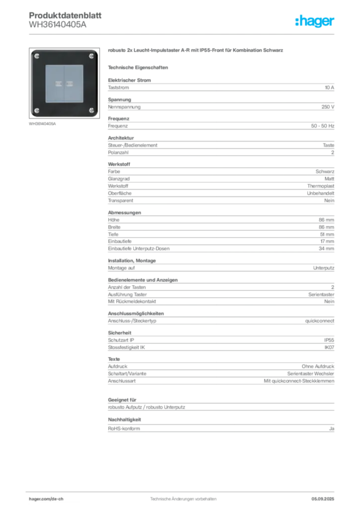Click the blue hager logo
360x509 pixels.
click(x=315, y=22)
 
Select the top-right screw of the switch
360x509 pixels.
click(x=91, y=56)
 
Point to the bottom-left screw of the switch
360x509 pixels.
click(x=37, y=110)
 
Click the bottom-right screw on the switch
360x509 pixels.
click(x=91, y=110)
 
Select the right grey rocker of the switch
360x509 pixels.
click(x=73, y=83)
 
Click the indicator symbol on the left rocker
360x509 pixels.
click(x=59, y=83)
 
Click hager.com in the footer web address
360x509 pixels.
click(x=39, y=499)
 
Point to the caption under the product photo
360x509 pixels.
click(x=44, y=123)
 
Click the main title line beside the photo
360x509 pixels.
click(x=196, y=51)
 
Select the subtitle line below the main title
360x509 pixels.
click(x=139, y=67)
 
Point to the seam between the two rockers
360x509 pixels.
click(x=64, y=83)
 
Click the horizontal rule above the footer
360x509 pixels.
click(x=183, y=490)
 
